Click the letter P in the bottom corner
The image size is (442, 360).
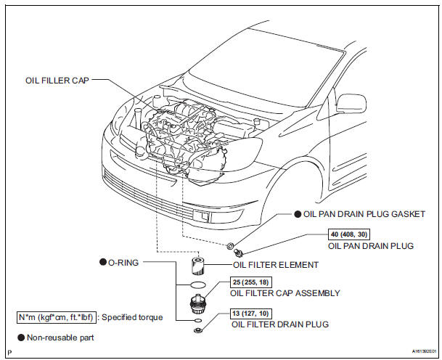tap(10, 352)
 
